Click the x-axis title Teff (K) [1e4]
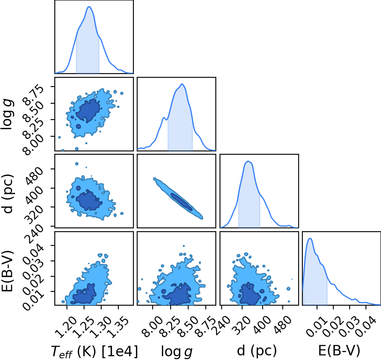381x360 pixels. pos(95,352)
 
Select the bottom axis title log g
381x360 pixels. pos(176,352)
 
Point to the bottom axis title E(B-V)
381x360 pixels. pos(339,350)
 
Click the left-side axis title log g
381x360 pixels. pos(7,115)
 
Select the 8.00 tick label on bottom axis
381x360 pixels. pos(152,326)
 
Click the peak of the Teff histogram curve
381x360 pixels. pos(89,7)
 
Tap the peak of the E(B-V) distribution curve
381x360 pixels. pos(310,238)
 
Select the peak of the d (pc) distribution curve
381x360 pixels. pos(248,161)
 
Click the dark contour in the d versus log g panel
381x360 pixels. pos(182,202)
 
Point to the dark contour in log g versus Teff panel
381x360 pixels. pos(88,110)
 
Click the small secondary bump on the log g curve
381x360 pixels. pos(164,118)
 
